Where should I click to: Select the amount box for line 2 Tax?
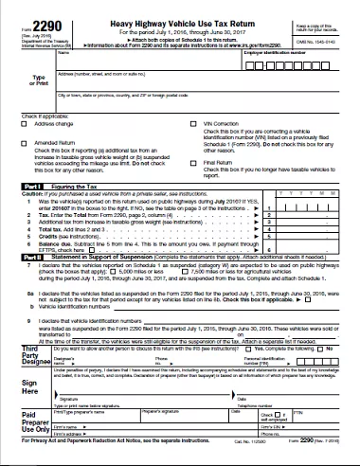[x=316, y=213]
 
